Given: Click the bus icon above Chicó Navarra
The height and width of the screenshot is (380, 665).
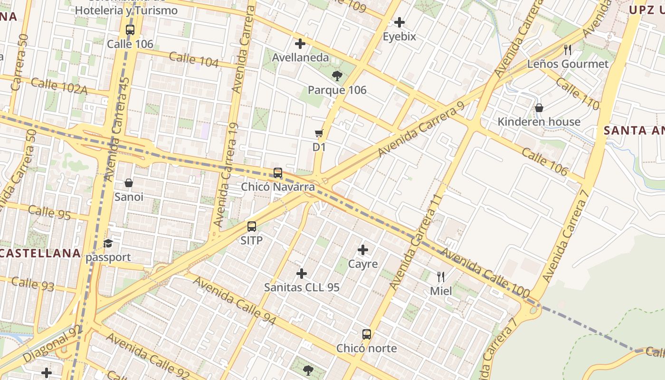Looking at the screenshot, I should click(278, 173).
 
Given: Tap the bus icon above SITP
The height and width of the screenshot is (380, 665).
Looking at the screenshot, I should click(252, 227).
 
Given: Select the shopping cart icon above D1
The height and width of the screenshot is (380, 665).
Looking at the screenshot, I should click(319, 133).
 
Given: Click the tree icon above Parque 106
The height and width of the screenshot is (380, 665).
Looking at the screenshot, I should click(337, 76).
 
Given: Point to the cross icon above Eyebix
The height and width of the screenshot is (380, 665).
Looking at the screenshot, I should click(399, 22).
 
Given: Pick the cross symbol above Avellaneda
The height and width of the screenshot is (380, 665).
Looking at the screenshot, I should click(300, 44).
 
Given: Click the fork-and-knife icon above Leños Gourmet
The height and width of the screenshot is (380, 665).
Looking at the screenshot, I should click(567, 49).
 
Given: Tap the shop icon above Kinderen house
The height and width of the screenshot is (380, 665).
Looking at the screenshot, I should click(539, 108).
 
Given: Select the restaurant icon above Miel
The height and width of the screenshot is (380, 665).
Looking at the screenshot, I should click(441, 276).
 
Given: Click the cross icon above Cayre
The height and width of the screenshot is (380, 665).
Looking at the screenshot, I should click(363, 250).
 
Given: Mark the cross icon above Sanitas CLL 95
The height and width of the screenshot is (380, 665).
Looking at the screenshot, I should click(302, 274).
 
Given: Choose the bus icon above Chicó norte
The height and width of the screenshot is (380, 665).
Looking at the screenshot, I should click(366, 334).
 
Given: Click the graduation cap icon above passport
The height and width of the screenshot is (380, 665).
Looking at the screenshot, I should click(108, 244).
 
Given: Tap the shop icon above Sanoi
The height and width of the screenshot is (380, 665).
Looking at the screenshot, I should click(128, 183).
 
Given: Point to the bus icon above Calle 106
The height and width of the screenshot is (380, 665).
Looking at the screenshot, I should click(130, 30).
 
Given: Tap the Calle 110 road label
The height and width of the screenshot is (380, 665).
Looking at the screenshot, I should click(577, 94).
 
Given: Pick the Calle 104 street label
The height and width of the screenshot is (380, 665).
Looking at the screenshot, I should click(194, 60).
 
